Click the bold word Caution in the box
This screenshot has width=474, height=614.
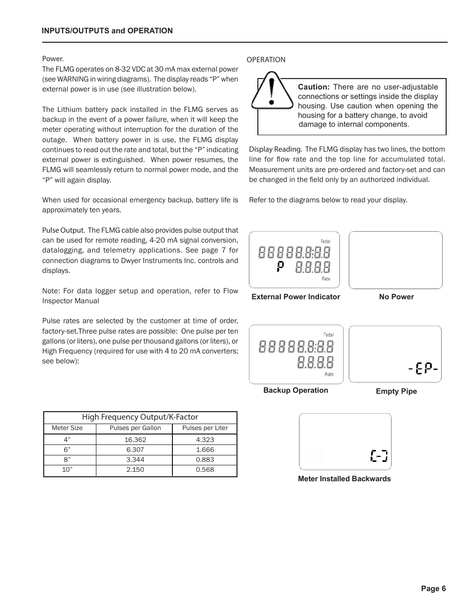tap(313, 87)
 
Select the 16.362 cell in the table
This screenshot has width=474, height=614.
tap(135, 439)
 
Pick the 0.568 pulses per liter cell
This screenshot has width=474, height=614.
tap(205, 469)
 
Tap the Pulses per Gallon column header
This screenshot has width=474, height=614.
tap(135, 428)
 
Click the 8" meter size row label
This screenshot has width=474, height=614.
tap(67, 459)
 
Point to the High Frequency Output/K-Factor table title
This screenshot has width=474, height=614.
tap(140, 417)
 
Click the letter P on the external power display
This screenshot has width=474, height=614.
tap(281, 267)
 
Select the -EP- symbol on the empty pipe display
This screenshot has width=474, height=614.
tap(423, 368)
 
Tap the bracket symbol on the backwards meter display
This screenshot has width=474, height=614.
tap(379, 455)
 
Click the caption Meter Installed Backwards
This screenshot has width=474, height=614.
tap(344, 479)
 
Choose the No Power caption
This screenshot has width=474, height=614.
tap(396, 297)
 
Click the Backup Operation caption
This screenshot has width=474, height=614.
tap(296, 390)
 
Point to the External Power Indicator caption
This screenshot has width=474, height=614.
tap(296, 297)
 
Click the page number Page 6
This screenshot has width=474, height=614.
tap(433, 589)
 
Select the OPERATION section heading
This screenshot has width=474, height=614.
tap(266, 60)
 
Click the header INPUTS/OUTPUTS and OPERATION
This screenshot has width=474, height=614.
tap(107, 31)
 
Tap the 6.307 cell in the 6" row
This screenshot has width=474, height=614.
tap(135, 449)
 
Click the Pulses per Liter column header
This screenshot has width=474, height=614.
tap(205, 428)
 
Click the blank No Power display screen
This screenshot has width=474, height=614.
tap(395, 260)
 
